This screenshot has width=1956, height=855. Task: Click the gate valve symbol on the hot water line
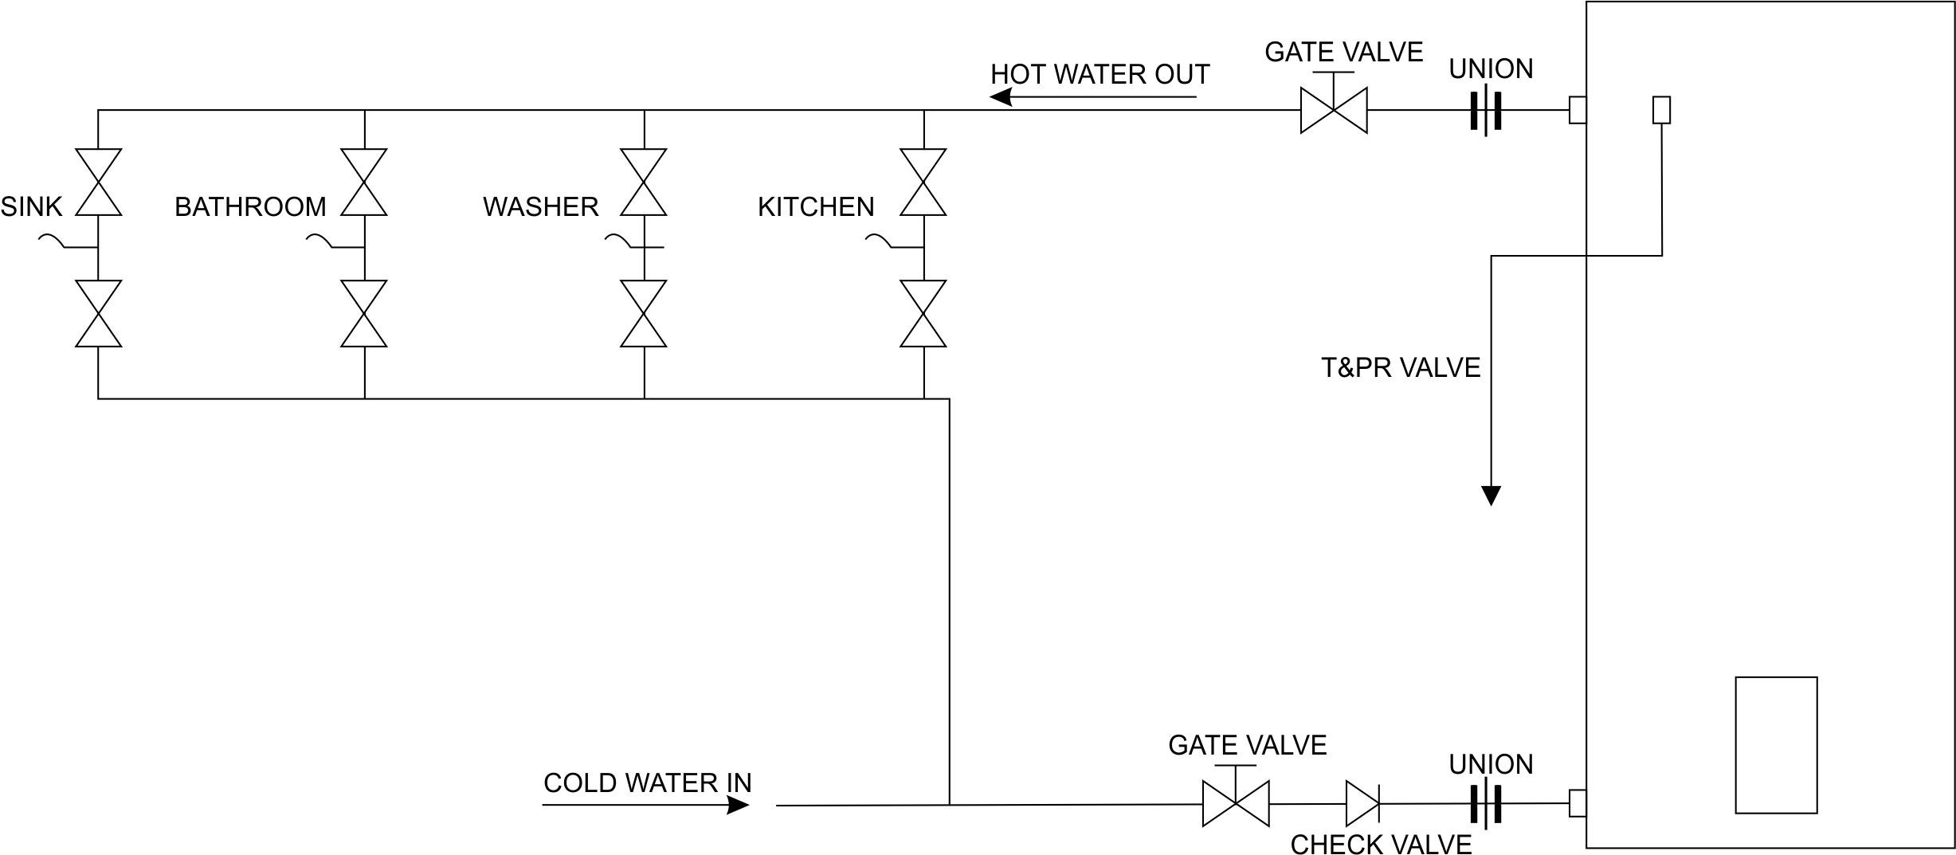(x=1334, y=110)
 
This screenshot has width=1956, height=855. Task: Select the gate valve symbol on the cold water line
(x=1236, y=803)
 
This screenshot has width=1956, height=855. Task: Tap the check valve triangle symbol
(x=1362, y=803)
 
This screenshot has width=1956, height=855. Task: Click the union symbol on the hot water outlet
(x=1486, y=110)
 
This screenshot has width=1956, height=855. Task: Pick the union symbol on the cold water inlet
(x=1486, y=803)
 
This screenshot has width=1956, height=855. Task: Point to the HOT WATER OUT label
(x=1100, y=75)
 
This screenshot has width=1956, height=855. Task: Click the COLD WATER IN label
(x=647, y=782)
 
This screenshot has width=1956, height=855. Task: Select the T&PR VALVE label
(x=1400, y=367)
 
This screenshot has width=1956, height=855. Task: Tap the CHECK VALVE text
(x=1381, y=844)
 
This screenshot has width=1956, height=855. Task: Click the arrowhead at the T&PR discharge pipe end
(x=1491, y=496)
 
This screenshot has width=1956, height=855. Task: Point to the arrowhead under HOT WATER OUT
(x=1001, y=97)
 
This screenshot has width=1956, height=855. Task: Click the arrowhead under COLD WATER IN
(x=738, y=806)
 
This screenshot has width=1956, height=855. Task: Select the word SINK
(x=31, y=207)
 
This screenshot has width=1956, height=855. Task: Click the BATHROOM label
(x=250, y=207)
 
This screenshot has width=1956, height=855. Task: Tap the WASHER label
(x=540, y=207)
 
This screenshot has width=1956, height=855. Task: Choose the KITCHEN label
(x=816, y=207)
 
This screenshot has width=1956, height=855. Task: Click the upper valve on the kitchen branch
(x=923, y=182)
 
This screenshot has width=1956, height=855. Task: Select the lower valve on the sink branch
(x=99, y=313)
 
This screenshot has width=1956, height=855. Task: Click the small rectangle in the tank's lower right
(x=1776, y=745)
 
